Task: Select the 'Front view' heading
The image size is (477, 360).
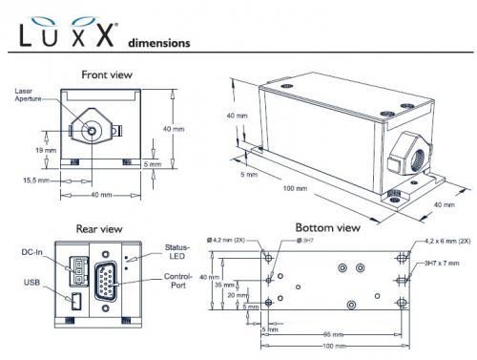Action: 106,74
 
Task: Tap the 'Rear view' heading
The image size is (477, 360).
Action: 99,228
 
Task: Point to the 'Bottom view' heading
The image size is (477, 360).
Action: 327,228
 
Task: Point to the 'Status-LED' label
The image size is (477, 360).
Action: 176,250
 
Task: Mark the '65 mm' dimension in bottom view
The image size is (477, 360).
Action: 332,334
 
